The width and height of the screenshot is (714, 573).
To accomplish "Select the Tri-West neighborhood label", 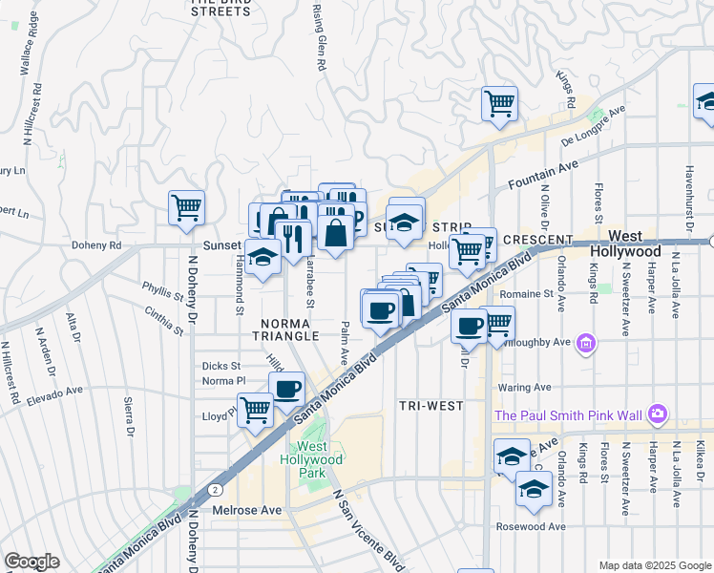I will [x=431, y=406].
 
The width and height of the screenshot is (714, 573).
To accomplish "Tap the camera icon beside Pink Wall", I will [x=657, y=414].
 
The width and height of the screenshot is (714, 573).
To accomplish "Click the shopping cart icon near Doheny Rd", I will [x=187, y=207].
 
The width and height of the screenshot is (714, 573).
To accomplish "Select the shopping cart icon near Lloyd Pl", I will [x=255, y=410].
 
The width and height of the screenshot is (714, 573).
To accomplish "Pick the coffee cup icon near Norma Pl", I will [x=286, y=388].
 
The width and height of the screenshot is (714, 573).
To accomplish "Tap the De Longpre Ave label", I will [x=592, y=127].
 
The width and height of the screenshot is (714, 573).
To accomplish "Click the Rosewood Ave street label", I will [x=531, y=526].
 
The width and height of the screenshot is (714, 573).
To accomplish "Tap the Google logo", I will [x=31, y=562].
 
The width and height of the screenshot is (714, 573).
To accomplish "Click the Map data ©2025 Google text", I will [x=654, y=565].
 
